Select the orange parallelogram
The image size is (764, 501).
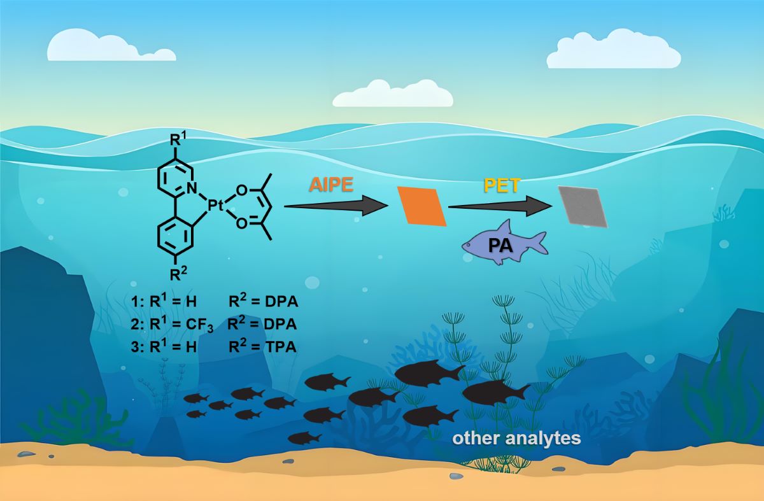(x=422, y=206)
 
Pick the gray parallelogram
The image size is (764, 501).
(x=583, y=206)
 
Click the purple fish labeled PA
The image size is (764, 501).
(x=503, y=243)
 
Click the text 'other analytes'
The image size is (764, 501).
(x=516, y=439)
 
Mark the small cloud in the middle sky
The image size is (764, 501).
(x=392, y=94)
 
